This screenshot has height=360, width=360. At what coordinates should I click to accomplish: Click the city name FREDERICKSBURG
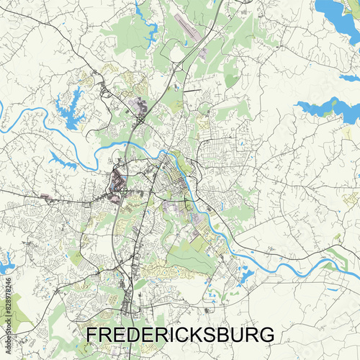point(180,336)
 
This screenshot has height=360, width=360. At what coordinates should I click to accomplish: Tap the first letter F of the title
point(92,336)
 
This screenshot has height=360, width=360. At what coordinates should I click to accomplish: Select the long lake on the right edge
point(328,109)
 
